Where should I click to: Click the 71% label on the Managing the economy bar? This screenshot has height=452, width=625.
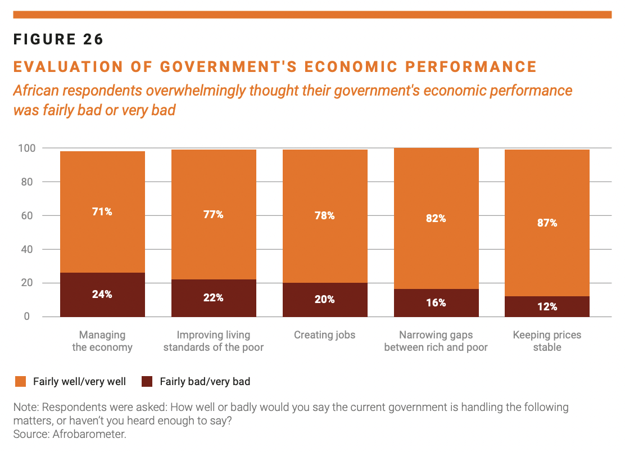[102, 211]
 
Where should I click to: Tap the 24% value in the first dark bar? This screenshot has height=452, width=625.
[102, 294]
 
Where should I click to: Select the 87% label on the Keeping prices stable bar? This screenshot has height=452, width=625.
[547, 223]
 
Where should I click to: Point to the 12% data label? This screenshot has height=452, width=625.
[547, 306]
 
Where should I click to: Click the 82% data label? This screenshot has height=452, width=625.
[436, 218]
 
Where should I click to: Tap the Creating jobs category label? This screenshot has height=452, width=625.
[325, 335]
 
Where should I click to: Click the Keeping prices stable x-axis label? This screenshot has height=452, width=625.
[547, 341]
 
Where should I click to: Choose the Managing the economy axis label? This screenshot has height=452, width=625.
[102, 341]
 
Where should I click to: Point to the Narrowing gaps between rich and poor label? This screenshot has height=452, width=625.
[436, 341]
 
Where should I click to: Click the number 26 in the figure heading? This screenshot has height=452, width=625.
[94, 39]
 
